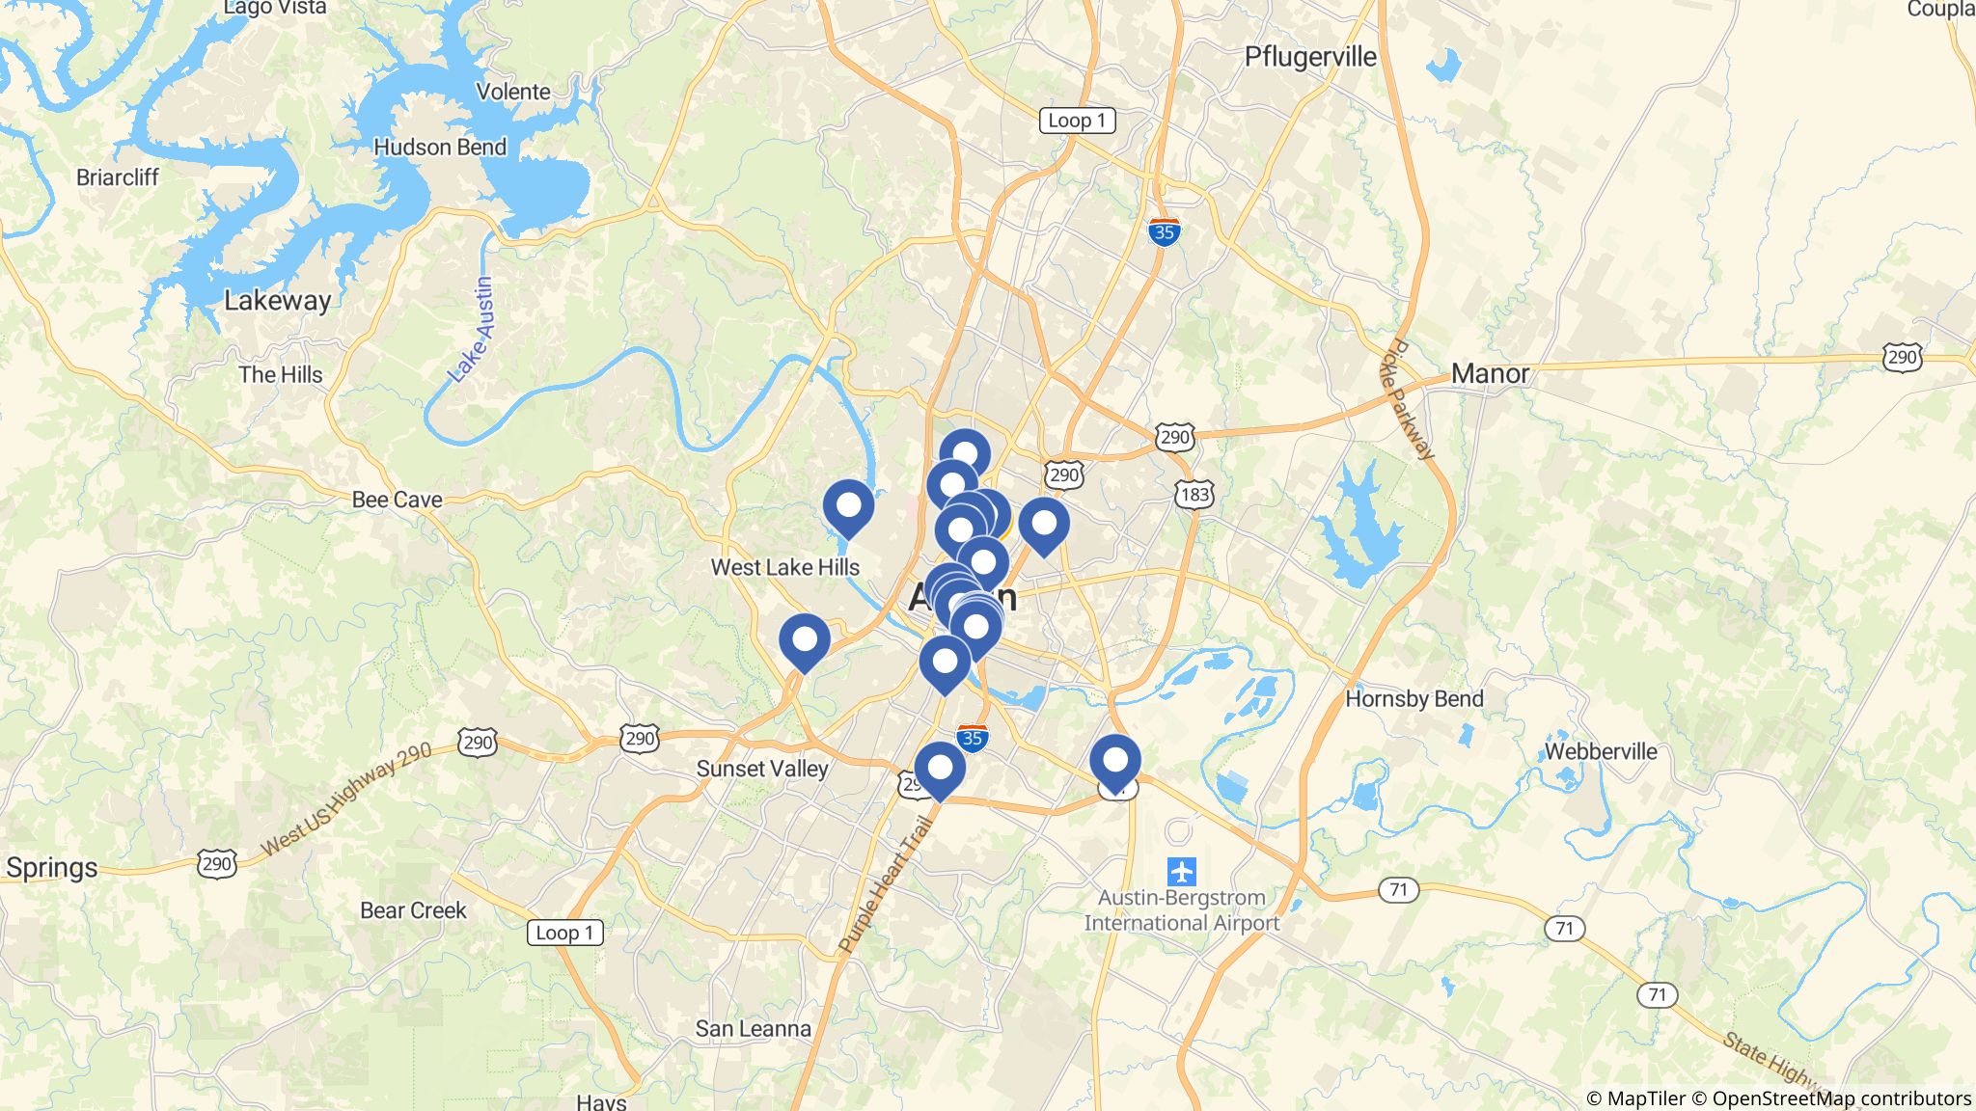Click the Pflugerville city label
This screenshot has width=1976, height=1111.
[1310, 57]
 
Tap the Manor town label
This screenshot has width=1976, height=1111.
[1490, 373]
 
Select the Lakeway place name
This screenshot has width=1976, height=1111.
[277, 300]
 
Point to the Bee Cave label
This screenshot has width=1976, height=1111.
[397, 500]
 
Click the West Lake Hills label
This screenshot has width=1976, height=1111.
[784, 567]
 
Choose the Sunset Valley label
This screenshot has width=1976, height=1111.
[762, 769]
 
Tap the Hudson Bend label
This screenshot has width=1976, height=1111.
[439, 148]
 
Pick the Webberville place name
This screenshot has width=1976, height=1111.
[1601, 751]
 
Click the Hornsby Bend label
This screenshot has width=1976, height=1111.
[1413, 698]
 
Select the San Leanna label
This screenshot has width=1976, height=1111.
[753, 1029]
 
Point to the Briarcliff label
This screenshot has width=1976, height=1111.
[117, 177]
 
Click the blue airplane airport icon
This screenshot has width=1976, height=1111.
[1181, 872]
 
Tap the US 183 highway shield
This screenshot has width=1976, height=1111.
[1194, 495]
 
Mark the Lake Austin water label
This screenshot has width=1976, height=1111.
[472, 330]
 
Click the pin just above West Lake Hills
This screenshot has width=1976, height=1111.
[848, 506]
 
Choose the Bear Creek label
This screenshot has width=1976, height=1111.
[413, 910]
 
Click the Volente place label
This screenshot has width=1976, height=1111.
[513, 92]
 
